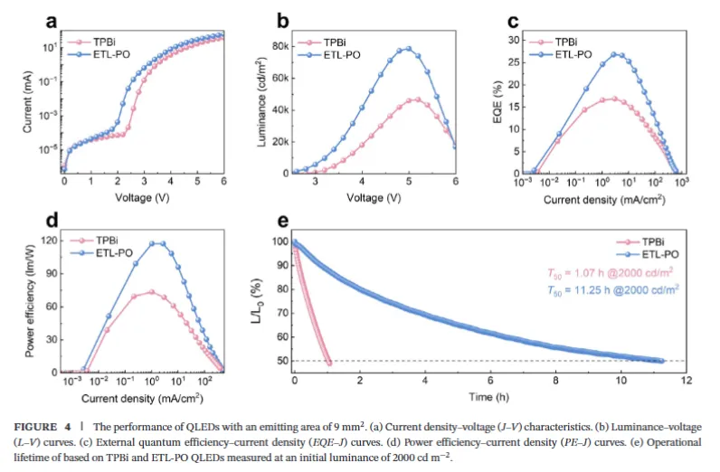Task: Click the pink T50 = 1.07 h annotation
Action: tap(612, 273)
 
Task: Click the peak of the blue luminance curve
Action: tap(408, 49)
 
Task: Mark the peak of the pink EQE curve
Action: tap(614, 99)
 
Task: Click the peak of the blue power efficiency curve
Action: tap(157, 242)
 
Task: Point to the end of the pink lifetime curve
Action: tap(329, 363)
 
